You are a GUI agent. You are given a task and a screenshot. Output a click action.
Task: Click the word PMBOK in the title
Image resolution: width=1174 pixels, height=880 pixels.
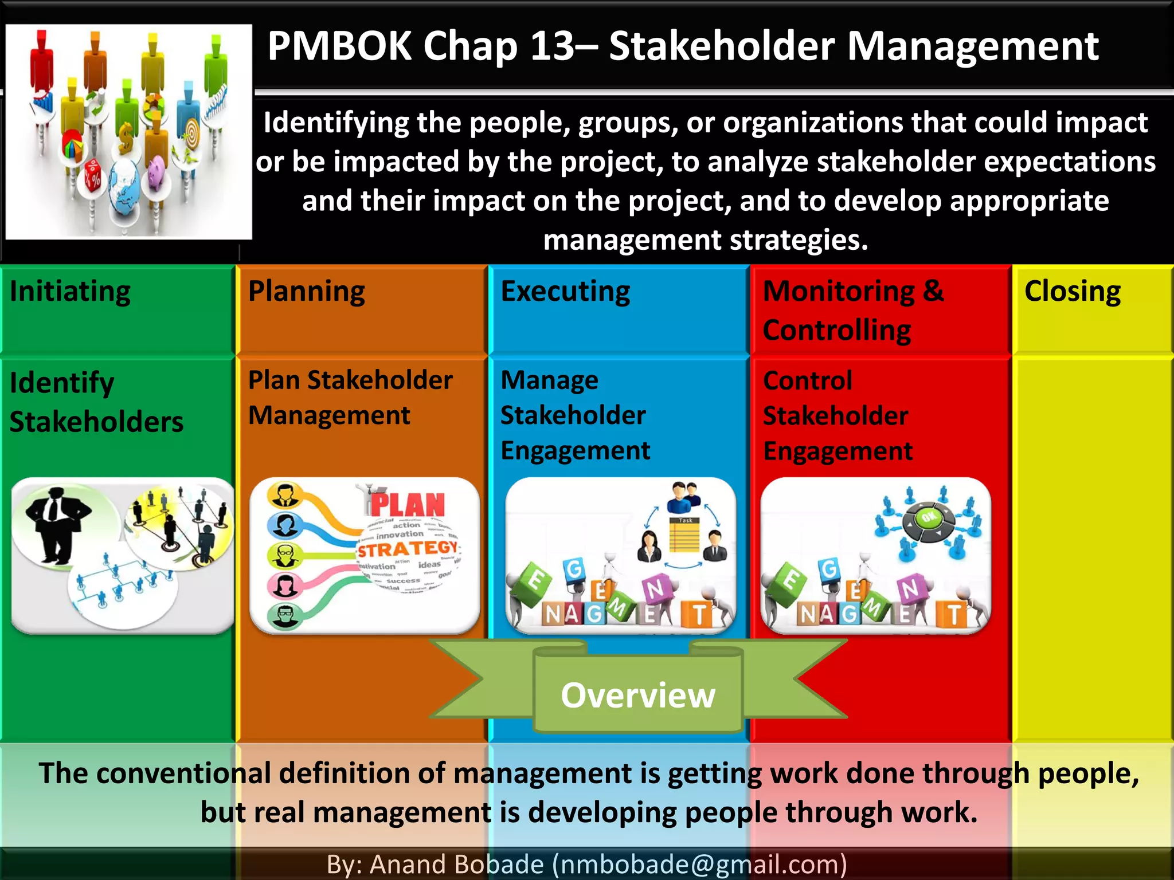click(x=339, y=46)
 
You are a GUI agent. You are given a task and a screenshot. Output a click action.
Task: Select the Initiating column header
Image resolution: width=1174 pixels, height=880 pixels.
click(x=70, y=292)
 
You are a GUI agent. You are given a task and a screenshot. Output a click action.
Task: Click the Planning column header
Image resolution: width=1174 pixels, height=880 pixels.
click(x=307, y=292)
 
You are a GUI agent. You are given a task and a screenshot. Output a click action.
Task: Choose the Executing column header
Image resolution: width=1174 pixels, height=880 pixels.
click(x=565, y=292)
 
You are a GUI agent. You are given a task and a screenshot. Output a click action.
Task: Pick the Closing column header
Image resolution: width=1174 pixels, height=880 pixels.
click(x=1073, y=292)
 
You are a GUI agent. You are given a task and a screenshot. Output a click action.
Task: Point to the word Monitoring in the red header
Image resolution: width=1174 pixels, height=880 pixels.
click(x=839, y=292)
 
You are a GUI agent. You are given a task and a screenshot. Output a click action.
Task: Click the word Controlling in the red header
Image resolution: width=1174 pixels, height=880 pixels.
click(x=837, y=331)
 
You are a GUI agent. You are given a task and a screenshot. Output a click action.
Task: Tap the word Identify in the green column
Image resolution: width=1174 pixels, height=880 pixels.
click(x=62, y=383)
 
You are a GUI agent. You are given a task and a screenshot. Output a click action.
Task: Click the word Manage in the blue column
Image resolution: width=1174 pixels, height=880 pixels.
click(x=549, y=380)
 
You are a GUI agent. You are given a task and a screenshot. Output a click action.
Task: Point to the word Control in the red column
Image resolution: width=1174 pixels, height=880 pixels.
click(x=808, y=380)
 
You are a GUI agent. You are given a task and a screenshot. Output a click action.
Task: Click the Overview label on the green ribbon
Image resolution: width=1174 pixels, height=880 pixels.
click(x=638, y=696)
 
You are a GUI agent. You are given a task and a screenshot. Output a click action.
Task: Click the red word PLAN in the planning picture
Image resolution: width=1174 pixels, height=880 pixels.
click(x=408, y=505)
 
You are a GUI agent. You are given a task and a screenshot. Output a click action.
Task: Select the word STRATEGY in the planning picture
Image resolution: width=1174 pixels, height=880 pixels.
click(x=408, y=549)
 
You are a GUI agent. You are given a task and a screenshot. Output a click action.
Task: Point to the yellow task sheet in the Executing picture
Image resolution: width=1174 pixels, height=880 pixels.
click(x=685, y=536)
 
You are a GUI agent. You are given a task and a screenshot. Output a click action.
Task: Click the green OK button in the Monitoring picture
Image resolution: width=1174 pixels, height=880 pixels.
click(x=929, y=518)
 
